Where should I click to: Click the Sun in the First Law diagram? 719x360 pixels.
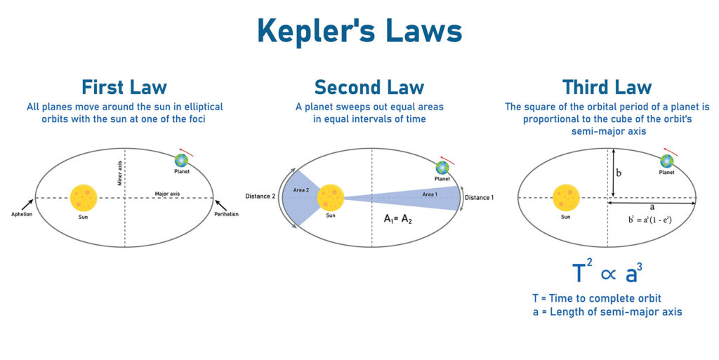(x=84, y=198)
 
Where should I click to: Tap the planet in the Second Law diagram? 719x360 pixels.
(x=442, y=168)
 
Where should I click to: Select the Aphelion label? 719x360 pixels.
(x=22, y=214)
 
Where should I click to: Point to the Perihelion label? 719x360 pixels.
(x=227, y=214)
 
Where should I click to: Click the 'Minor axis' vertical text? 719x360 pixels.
(x=120, y=173)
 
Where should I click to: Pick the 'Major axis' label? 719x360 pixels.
(x=167, y=194)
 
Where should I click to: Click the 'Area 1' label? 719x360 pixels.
(x=430, y=194)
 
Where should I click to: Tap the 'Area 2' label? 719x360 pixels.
(x=301, y=189)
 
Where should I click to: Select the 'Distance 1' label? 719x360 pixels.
(x=479, y=197)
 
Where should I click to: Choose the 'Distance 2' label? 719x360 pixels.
(x=260, y=196)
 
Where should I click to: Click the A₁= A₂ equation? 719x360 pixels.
(x=397, y=219)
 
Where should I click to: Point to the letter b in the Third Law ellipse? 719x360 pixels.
(x=619, y=173)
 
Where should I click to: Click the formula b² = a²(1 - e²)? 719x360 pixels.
(x=649, y=220)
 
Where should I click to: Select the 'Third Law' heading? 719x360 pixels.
(x=607, y=87)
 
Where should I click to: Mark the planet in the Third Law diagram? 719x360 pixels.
(x=667, y=161)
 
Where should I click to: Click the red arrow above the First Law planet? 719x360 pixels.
(x=186, y=152)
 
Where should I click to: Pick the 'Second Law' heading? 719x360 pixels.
(x=369, y=87)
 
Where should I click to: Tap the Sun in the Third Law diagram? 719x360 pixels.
(x=567, y=198)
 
